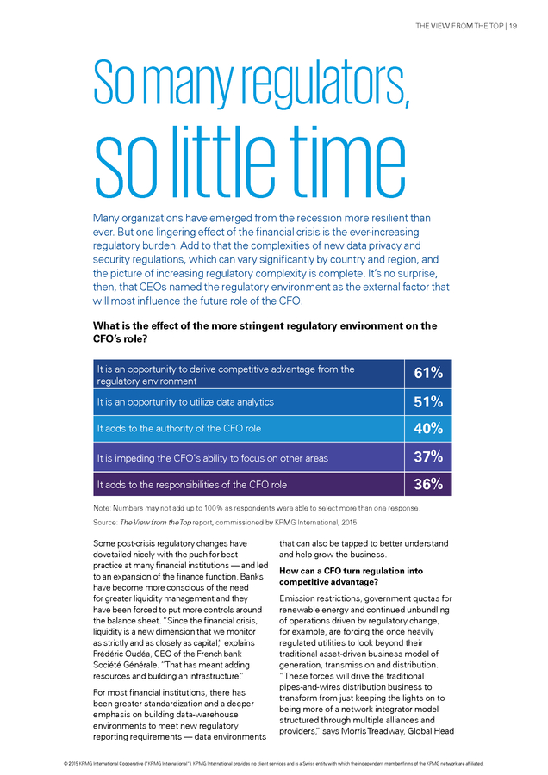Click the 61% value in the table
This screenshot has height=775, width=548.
pos(428,373)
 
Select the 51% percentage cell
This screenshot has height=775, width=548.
pos(428,402)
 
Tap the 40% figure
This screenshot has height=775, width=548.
pos(428,428)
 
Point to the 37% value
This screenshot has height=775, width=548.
pos(428,456)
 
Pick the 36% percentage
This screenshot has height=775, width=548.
pos(428,484)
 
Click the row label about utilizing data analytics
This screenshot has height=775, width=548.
pos(185,402)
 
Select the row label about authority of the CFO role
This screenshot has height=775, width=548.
pos(179,429)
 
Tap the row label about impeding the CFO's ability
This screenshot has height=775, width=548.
pos(213,459)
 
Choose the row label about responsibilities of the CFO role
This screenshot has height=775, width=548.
pos(192,485)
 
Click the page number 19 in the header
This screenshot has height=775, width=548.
pos(513,26)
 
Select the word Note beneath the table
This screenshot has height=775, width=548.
pos(102,508)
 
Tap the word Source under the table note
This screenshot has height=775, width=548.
pos(105,523)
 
